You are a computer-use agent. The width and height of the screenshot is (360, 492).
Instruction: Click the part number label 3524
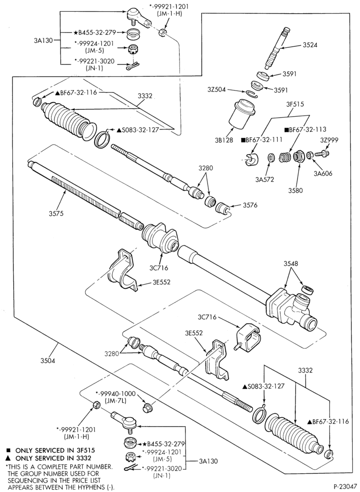(310, 45)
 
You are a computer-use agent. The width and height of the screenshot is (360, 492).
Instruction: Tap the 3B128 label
(225, 140)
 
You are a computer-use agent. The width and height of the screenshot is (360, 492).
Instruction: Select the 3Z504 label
(217, 90)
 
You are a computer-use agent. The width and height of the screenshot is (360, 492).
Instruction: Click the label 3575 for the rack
(56, 214)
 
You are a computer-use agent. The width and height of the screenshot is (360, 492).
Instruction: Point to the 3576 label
(250, 206)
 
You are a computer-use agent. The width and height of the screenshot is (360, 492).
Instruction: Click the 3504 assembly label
(48, 361)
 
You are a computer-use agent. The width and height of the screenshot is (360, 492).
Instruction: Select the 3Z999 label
(329, 140)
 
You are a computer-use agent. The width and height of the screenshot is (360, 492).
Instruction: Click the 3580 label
(295, 190)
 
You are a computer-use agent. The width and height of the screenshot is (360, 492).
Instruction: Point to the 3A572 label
(265, 180)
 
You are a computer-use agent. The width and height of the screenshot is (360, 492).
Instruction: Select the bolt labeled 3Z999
(323, 154)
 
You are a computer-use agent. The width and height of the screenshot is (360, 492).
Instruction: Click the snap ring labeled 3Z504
(251, 94)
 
